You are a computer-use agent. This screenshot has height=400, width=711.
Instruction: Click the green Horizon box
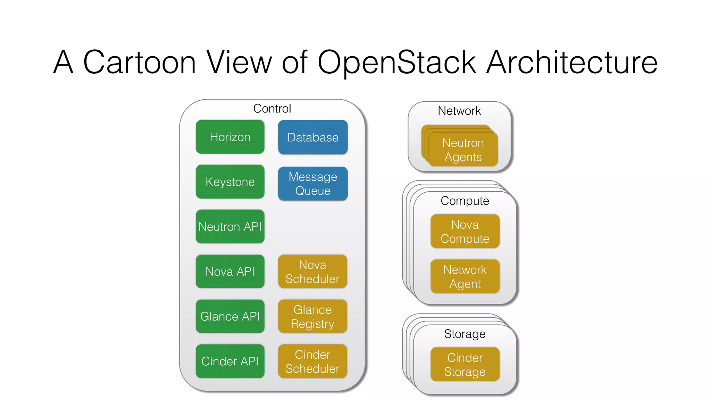[x=230, y=137]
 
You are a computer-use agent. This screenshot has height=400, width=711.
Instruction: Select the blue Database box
[x=312, y=137]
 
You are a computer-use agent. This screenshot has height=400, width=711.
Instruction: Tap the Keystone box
[x=230, y=182]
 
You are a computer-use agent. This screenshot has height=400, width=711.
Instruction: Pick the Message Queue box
[x=312, y=184]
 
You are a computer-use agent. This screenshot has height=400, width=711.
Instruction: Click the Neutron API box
[x=230, y=226]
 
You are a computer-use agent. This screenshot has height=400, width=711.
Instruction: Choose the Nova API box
[x=230, y=271]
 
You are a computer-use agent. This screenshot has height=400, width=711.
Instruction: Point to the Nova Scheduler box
[x=312, y=272]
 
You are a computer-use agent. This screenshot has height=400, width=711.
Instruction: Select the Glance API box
[x=230, y=316]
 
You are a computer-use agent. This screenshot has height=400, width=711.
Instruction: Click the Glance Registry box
[x=312, y=316]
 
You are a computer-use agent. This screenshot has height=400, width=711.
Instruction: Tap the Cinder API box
[x=230, y=361]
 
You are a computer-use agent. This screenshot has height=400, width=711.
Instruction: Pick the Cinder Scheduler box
[x=312, y=361]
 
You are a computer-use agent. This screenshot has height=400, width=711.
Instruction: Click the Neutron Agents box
[x=463, y=150]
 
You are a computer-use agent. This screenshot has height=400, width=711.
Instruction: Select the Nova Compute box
[x=465, y=231]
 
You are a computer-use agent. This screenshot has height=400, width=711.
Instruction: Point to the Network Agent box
[x=465, y=276]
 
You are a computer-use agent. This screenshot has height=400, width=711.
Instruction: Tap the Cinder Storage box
[x=465, y=364]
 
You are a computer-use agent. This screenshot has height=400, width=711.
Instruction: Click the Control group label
[x=272, y=108]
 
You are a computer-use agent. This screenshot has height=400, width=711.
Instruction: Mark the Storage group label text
[x=465, y=334]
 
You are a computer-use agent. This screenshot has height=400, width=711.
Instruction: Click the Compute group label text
[x=465, y=201]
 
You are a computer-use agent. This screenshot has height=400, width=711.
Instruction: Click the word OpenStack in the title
[x=396, y=62]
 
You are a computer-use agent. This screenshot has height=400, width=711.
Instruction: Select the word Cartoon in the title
[x=140, y=62]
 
